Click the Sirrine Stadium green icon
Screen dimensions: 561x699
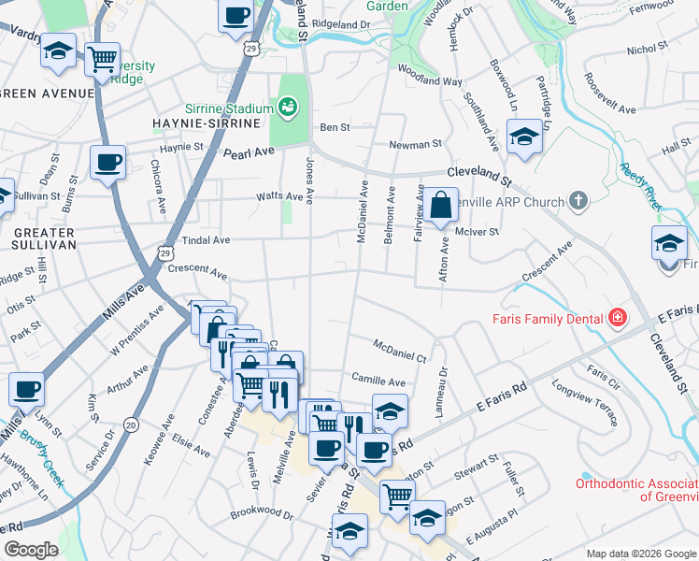288,108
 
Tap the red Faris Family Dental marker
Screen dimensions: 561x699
616,319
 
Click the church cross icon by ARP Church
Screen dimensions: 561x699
579,201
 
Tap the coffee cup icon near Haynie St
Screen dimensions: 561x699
107,164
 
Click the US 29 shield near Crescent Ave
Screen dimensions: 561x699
165,252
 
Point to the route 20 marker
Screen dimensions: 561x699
131,424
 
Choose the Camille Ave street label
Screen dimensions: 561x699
378,381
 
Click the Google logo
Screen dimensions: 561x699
31,550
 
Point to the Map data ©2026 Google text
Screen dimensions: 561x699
640,554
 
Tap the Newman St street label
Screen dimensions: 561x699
415,145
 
